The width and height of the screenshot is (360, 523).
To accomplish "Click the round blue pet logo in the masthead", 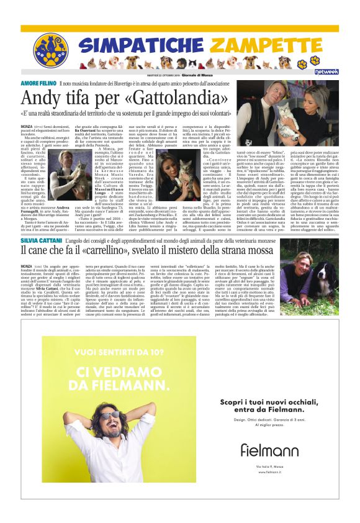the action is (x=51, y=50).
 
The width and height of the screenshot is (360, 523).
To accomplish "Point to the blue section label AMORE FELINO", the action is (x=39, y=83).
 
